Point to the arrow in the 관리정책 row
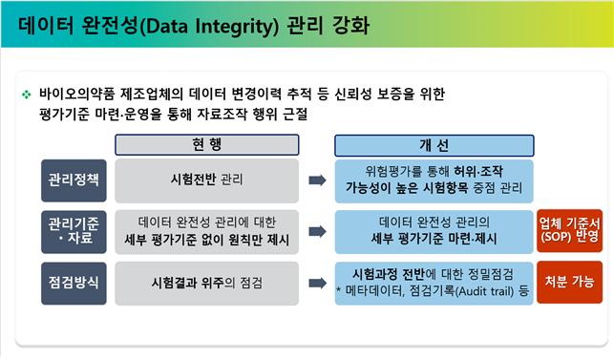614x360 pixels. [x=317, y=179]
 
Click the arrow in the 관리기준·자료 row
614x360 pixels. [x=317, y=231]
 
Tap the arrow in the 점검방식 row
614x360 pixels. [x=317, y=284]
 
